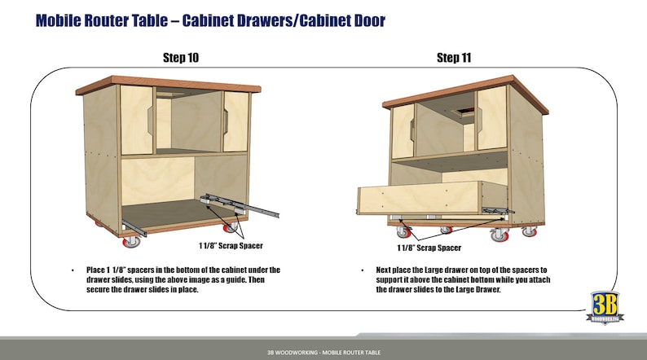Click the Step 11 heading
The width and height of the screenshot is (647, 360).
(454, 57)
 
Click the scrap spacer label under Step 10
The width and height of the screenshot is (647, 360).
(231, 244)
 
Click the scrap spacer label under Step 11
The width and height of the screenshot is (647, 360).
(429, 248)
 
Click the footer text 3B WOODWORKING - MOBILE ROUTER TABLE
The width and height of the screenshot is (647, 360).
(323, 352)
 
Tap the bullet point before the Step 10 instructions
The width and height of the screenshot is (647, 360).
(75, 270)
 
